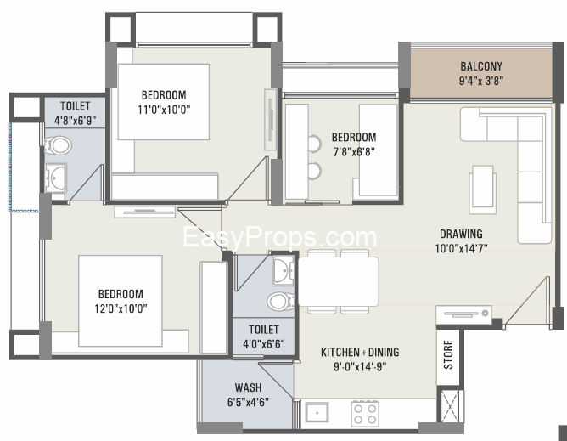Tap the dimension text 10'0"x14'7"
click(x=461, y=248)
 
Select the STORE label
click(x=448, y=354)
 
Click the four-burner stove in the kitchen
click(x=365, y=414)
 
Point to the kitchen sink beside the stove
click(x=317, y=412)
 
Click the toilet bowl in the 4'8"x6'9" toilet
click(x=58, y=145)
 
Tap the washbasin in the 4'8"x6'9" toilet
click(x=56, y=178)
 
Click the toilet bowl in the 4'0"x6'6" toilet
click(x=281, y=302)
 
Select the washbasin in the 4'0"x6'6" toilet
click(x=283, y=271)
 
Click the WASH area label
click(x=248, y=387)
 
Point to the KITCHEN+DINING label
click(x=360, y=352)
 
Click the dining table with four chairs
click(x=339, y=281)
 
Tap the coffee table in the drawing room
click(x=482, y=189)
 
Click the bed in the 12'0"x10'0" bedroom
click(x=121, y=301)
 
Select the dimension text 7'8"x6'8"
click(x=354, y=151)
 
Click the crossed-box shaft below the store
click(x=450, y=406)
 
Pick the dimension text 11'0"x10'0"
click(x=164, y=110)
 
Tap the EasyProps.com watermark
click(x=280, y=237)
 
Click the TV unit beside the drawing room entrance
click(x=463, y=315)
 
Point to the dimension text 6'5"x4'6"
click(x=248, y=402)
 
